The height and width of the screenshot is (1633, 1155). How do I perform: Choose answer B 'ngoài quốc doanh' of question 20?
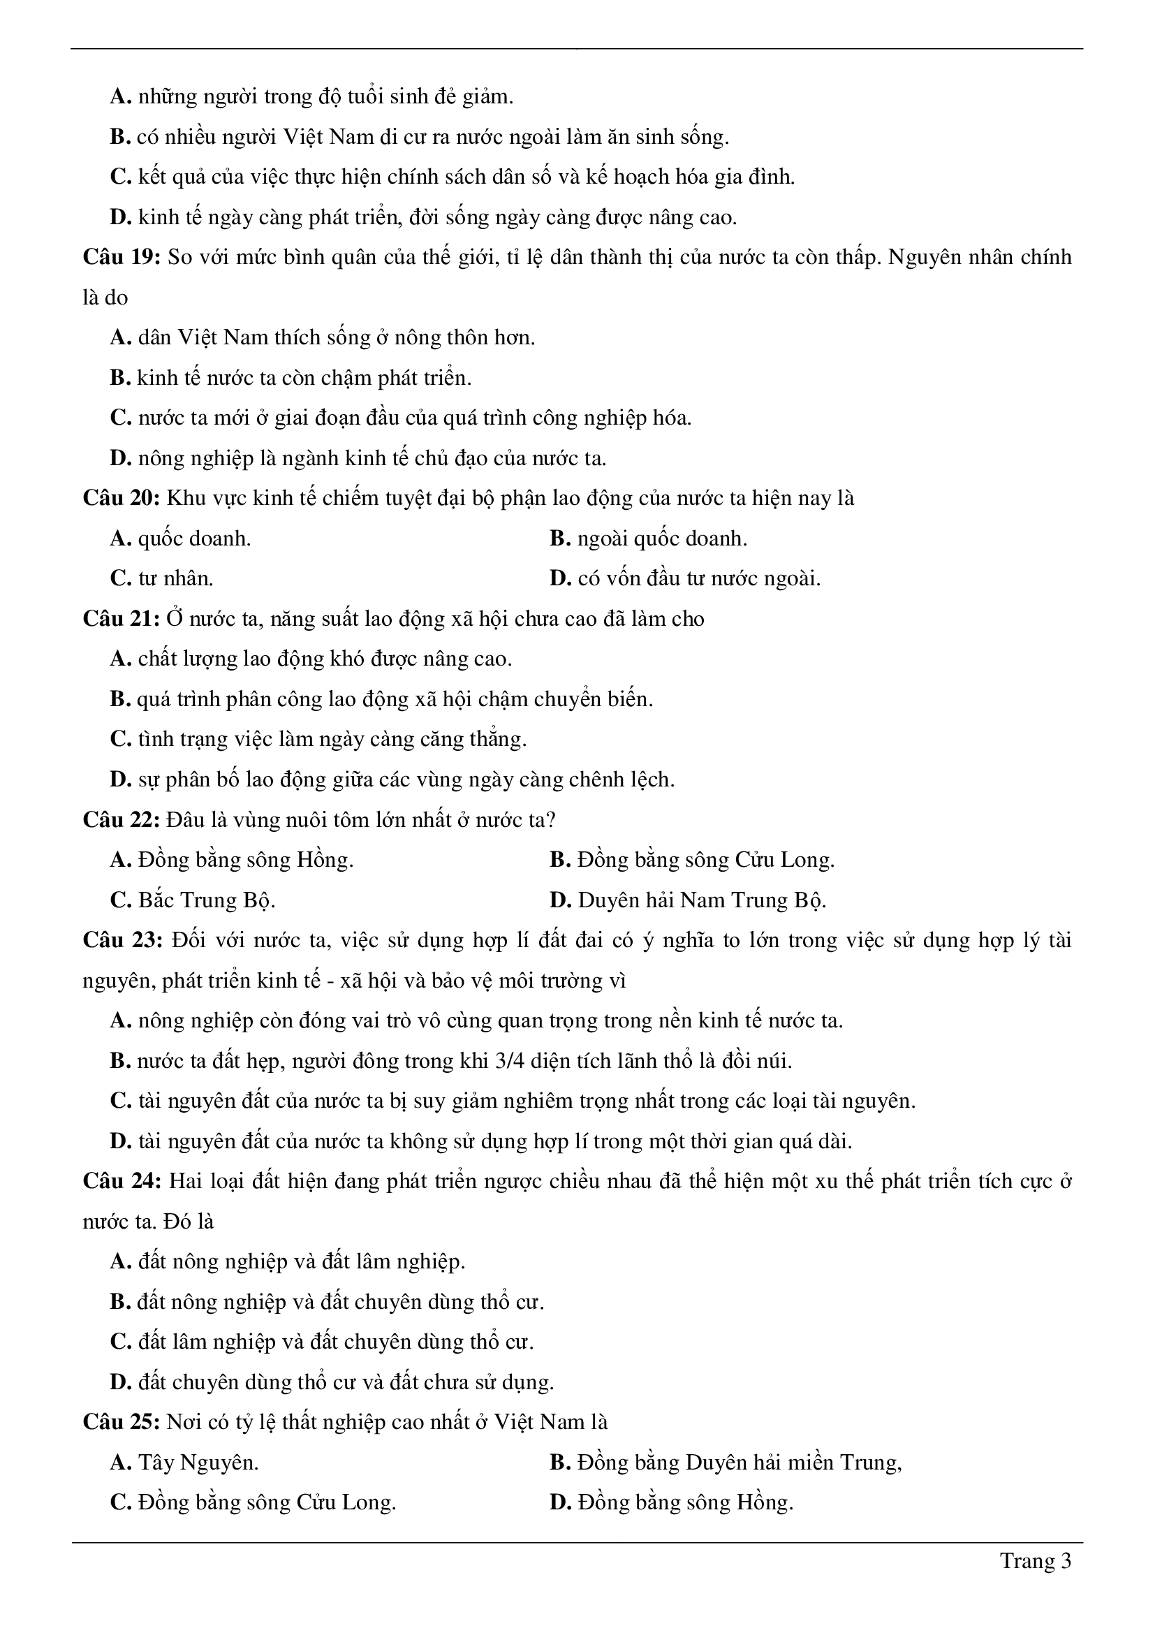click(661, 539)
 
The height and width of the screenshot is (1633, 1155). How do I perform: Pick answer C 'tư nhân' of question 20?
click(175, 579)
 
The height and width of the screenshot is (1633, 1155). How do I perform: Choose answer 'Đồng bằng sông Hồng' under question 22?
click(244, 861)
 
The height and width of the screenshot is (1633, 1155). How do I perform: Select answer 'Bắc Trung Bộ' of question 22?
click(206, 900)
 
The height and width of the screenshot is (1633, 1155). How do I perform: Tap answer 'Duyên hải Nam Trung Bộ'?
click(701, 900)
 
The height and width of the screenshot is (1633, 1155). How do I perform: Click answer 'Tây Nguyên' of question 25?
click(198, 1463)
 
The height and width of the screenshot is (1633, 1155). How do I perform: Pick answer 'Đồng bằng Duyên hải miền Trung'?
click(739, 1463)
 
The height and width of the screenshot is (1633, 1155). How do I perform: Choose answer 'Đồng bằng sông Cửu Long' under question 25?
click(267, 1503)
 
